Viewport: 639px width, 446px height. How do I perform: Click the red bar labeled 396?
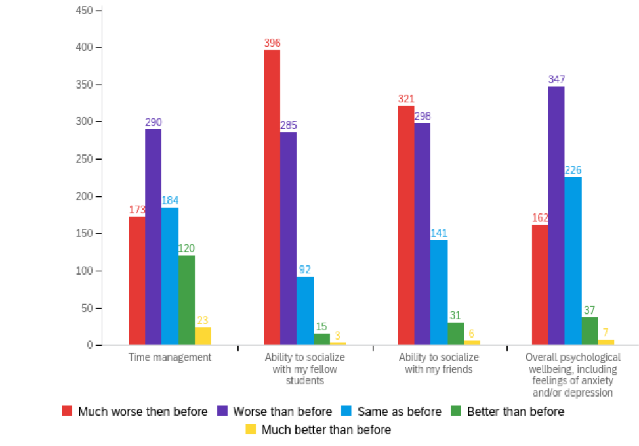[272, 197]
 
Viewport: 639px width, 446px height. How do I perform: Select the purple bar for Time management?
[154, 236]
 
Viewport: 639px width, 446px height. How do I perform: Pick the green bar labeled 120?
[186, 300]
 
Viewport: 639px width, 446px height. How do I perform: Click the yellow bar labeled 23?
[203, 336]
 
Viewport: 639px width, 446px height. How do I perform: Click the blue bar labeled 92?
[305, 311]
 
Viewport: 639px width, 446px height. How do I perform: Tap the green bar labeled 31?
[456, 333]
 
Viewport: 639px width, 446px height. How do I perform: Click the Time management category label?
[170, 357]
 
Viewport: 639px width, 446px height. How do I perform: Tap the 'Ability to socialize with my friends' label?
[439, 363]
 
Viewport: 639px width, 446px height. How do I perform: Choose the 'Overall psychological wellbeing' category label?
[573, 375]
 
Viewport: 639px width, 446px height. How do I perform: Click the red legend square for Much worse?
[67, 411]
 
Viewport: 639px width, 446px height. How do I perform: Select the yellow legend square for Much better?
[250, 430]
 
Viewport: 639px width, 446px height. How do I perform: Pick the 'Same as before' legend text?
[401, 412]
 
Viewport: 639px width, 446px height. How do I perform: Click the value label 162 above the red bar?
[540, 218]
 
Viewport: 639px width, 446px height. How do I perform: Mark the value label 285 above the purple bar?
[289, 125]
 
